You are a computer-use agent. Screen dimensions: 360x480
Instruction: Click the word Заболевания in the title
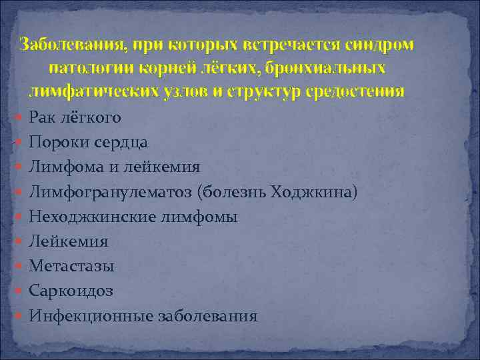[x=72, y=45]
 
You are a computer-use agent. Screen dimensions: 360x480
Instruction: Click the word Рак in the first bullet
[x=43, y=118]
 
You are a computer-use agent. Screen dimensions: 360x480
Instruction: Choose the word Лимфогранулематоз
[x=109, y=192]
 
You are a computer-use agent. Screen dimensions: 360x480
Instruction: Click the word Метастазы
[x=71, y=266]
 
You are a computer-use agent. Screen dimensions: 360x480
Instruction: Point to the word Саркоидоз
[x=71, y=291]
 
